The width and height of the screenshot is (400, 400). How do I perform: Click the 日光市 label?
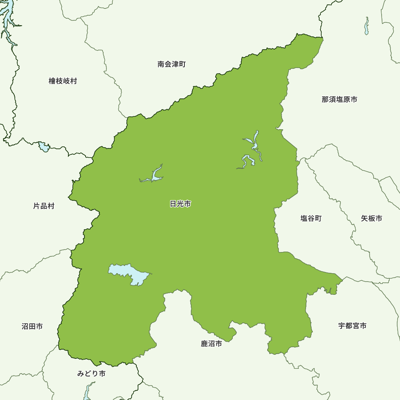pos(180,204)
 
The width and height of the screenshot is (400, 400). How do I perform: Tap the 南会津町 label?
pos(171,64)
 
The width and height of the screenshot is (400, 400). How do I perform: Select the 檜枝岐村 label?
pos(63,81)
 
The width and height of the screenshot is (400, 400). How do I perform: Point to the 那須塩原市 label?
pos(339,99)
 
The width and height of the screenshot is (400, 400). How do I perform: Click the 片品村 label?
pos(44,206)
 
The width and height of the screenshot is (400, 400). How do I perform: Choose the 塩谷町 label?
pos(311,218)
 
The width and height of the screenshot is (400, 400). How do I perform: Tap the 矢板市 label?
pos(371,218)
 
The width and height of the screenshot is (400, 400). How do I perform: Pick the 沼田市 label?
pos(32,326)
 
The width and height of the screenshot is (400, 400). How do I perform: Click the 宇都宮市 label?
pos(352,326)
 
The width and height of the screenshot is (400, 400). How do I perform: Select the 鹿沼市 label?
pos(211,344)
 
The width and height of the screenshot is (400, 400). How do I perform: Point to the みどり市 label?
pos(91,374)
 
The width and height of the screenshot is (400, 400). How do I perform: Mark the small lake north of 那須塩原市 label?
pos(366,26)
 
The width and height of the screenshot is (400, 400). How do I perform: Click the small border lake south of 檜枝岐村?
pos(44,147)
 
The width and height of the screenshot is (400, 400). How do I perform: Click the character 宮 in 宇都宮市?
pos(356,326)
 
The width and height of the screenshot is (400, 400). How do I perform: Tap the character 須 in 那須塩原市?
pos(332,99)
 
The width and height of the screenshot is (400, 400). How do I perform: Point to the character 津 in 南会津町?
pos(175,64)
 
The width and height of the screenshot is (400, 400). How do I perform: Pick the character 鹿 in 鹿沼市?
pos(204,344)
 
